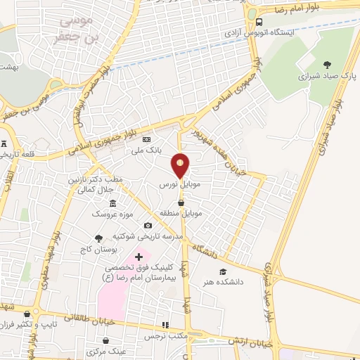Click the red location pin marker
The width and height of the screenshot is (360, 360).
[181, 165]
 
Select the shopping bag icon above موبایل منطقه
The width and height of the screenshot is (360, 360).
[182, 202]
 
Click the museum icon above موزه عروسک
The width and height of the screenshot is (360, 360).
[113, 203]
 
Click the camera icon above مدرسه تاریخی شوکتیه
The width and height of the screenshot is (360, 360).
[148, 226]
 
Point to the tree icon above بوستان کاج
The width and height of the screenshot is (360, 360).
[98, 238]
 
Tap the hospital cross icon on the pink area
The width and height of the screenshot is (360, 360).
[139, 257]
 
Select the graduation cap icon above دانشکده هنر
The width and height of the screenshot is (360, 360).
[223, 271]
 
